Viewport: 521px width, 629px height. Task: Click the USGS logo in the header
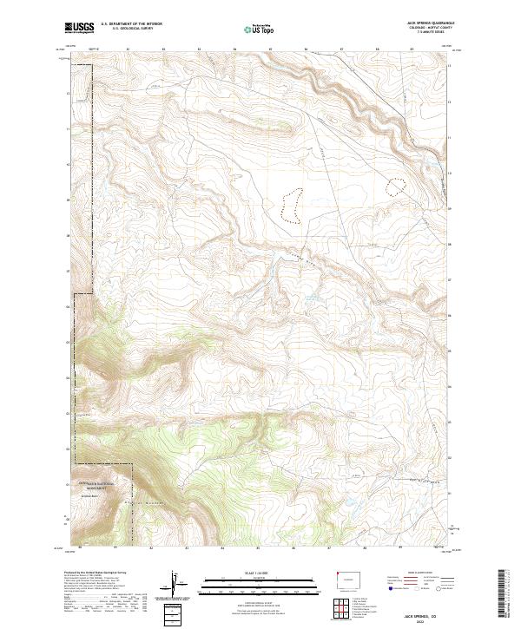coord(80,29)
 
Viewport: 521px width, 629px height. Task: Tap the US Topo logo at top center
coord(261,29)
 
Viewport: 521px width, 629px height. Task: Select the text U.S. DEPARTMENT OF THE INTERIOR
coord(131,25)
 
